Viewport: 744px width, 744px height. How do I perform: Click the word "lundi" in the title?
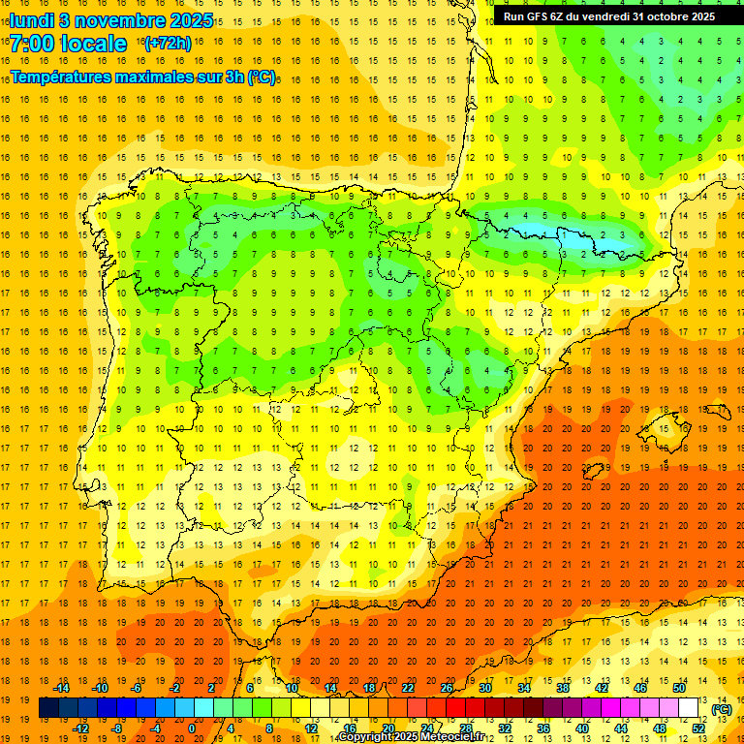(31, 19)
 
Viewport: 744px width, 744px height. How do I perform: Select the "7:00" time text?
(31, 44)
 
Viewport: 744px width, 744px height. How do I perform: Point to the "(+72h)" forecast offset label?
(167, 44)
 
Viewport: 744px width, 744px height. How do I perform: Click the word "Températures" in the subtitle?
(62, 77)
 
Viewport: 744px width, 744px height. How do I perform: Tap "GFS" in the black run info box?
(539, 16)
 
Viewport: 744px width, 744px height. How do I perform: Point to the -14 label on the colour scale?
(61, 688)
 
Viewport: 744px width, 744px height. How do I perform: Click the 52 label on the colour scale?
(698, 728)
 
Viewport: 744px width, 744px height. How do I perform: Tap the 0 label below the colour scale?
(191, 728)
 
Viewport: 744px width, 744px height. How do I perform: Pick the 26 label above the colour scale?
(447, 688)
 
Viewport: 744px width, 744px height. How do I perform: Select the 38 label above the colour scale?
(562, 688)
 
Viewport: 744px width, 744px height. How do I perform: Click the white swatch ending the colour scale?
(688, 708)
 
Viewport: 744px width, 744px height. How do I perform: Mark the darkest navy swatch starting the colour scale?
(48, 708)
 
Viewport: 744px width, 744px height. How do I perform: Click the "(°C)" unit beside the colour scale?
(721, 709)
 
